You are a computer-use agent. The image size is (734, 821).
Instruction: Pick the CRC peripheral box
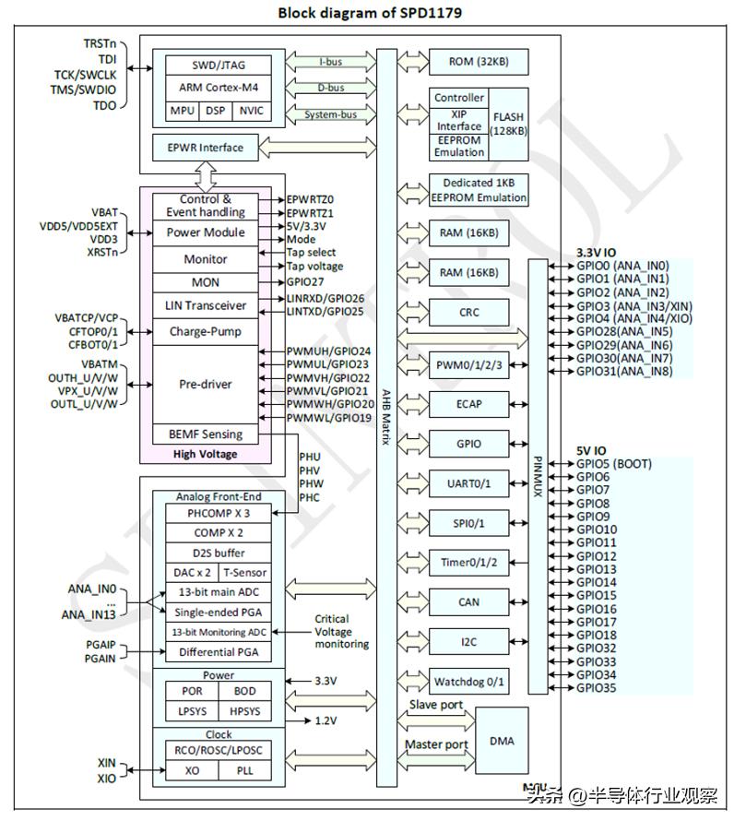coord(468,313)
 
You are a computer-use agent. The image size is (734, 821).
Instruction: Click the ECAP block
coord(468,403)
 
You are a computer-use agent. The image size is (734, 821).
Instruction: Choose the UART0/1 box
coord(468,482)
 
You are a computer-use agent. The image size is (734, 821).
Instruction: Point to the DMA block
coord(502,741)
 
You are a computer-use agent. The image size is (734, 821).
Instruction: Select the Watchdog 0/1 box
coord(468,682)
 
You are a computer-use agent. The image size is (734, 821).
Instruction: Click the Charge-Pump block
coord(206,330)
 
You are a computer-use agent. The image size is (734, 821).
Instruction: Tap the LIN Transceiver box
coord(206,305)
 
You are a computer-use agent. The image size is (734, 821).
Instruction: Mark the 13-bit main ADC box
coord(218,592)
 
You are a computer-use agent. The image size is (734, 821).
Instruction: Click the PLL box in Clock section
coord(244,769)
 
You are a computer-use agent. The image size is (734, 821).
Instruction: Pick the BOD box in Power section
coord(244,691)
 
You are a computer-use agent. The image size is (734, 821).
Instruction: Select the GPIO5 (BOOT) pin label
coord(613,463)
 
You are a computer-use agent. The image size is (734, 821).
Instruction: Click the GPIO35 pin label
coord(596,688)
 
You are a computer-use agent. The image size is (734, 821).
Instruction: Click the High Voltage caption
coord(205,454)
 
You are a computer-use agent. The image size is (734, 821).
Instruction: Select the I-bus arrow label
coord(332,62)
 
